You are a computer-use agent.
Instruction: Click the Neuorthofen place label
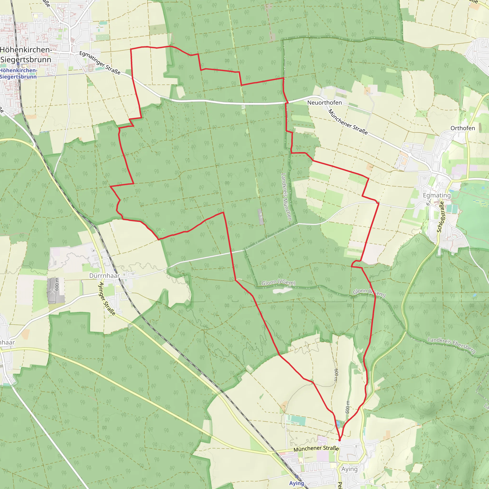pyautogui.click(x=324, y=102)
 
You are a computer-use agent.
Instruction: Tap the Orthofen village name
pyautogui.click(x=463, y=128)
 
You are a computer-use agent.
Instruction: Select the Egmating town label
pyautogui.click(x=437, y=195)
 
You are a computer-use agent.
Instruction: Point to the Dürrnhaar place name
pyautogui.click(x=104, y=276)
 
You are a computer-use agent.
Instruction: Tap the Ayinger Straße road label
pyautogui.click(x=106, y=299)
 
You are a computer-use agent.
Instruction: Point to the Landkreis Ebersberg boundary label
pyautogui.click(x=452, y=345)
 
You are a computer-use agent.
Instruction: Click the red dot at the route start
pyautogui.click(x=340, y=440)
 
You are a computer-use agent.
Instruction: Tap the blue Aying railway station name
pyautogui.click(x=297, y=483)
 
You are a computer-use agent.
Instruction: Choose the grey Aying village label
pyautogui.click(x=350, y=469)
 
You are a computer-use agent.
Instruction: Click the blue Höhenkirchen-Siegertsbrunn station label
pyautogui.click(x=18, y=73)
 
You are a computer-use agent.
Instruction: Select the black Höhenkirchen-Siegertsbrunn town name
pyautogui.click(x=26, y=55)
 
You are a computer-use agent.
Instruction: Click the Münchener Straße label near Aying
pyautogui.click(x=316, y=448)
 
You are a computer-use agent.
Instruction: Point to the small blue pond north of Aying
pyautogui.click(x=338, y=424)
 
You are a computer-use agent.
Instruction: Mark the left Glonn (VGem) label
pyautogui.click(x=278, y=283)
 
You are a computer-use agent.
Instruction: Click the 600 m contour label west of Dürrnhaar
pyautogui.click(x=56, y=284)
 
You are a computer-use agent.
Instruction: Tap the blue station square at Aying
pyautogui.click(x=297, y=477)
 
